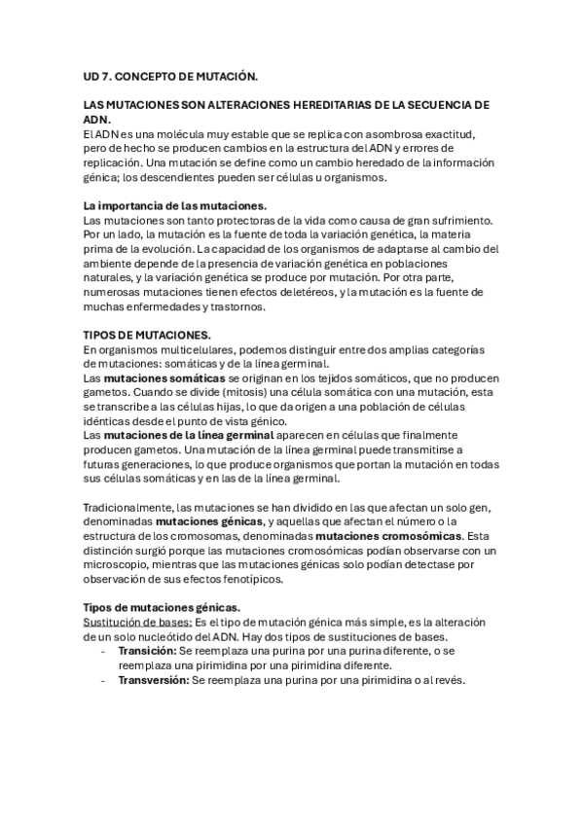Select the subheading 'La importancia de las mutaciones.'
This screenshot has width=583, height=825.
coord(175,206)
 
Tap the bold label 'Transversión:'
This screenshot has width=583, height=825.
coord(154,680)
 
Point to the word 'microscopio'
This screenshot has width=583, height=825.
coord(119,565)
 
